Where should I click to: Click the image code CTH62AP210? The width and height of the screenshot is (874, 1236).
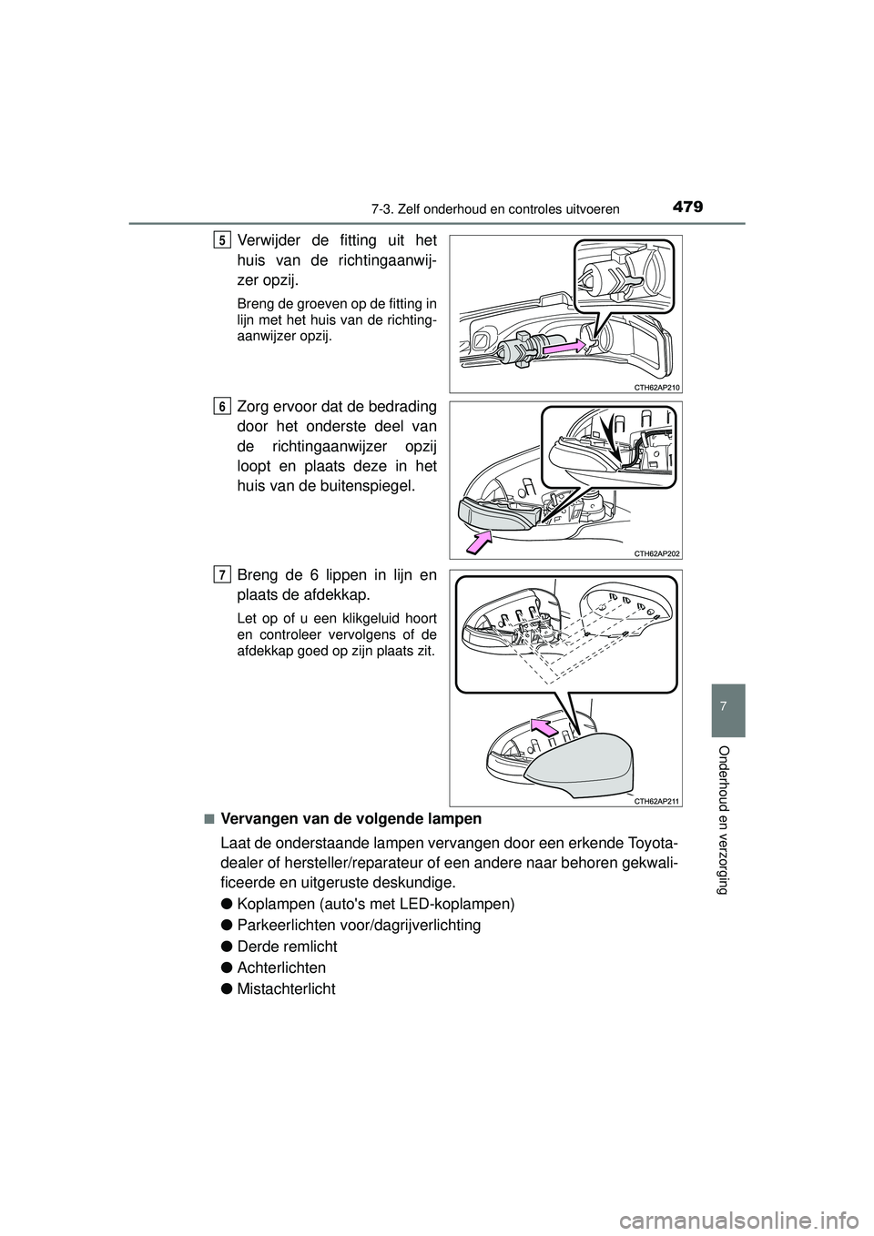[x=655, y=387]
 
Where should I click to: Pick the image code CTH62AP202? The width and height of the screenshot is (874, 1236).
[x=655, y=552]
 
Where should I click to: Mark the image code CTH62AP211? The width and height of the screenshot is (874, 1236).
[x=655, y=800]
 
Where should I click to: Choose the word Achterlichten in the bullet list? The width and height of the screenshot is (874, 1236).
[x=279, y=967]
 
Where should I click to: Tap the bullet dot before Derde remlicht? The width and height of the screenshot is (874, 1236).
[x=226, y=946]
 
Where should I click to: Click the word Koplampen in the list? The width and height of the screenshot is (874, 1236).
[x=271, y=904]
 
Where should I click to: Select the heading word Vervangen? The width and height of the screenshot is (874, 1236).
[x=256, y=818]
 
